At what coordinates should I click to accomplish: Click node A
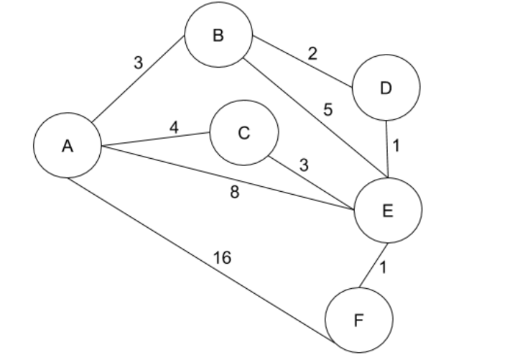click(x=67, y=146)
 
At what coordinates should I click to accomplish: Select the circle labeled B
click(x=218, y=37)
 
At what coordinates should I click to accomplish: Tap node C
click(x=244, y=134)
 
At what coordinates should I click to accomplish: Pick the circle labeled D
click(x=386, y=88)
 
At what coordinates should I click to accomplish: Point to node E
click(x=388, y=209)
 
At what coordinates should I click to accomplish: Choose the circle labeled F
click(x=359, y=320)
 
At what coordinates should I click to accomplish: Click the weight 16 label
click(x=223, y=257)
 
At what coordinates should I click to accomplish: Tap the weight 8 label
click(x=235, y=193)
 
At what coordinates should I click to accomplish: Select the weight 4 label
click(x=175, y=127)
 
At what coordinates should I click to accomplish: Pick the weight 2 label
click(x=312, y=53)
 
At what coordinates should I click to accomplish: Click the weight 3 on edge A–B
click(x=138, y=63)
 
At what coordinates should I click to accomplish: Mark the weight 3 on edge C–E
click(x=304, y=165)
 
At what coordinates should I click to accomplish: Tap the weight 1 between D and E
click(x=396, y=145)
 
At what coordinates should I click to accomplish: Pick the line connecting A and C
click(x=157, y=139)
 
